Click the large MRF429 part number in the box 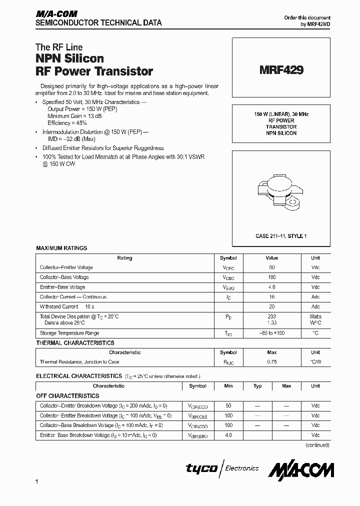(281, 70)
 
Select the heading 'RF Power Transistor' (94, 71)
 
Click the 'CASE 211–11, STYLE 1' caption (281, 235)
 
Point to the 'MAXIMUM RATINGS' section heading (61, 248)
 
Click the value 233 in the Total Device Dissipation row (272, 316)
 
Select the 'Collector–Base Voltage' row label (64, 277)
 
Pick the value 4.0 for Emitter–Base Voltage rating (272, 287)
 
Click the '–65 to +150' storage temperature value (272, 333)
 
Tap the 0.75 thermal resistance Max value (272, 362)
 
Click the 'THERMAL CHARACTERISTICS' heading (75, 343)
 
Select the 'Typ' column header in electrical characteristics (257, 386)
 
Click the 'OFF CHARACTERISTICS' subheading (67, 396)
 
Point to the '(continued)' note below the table (317, 444)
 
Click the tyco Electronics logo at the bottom (222, 468)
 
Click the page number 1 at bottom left (37, 481)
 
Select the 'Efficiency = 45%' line (67, 122)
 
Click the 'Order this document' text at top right (307, 17)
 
